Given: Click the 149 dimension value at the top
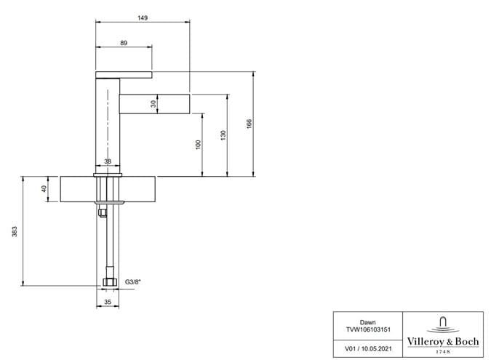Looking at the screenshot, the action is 143,18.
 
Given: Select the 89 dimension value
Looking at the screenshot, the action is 124,43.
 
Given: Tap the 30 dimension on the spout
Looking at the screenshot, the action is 153,103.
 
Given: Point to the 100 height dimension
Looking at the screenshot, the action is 198,145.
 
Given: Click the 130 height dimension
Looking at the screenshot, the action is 223,135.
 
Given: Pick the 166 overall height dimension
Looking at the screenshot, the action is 249,124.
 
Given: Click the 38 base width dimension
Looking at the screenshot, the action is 108,161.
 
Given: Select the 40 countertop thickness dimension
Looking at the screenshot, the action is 44,189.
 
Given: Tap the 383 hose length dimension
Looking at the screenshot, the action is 15,231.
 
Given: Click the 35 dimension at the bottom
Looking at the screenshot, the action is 108,302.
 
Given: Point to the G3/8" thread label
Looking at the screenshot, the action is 133,281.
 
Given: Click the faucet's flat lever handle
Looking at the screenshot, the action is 124,75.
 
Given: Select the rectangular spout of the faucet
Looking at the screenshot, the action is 155,103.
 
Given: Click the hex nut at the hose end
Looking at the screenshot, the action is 110,281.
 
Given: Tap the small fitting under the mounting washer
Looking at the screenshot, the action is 102,212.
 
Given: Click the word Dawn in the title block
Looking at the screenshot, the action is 367,322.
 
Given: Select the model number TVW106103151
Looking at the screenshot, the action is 368,329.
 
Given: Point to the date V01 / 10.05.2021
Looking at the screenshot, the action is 368,349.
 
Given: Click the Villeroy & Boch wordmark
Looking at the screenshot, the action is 443,342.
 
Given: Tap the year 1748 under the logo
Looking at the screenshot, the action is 443,352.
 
